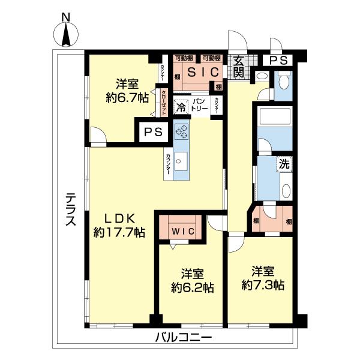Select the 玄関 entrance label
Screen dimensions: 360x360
click(x=238, y=65)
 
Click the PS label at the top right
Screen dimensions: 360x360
click(x=277, y=60)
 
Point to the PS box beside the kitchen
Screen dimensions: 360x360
click(x=153, y=133)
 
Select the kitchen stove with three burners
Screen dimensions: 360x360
click(x=181, y=130)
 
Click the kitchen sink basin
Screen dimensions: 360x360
click(x=182, y=160)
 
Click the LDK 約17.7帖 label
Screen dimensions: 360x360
click(x=119, y=225)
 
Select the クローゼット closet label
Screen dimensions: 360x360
click(x=163, y=102)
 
